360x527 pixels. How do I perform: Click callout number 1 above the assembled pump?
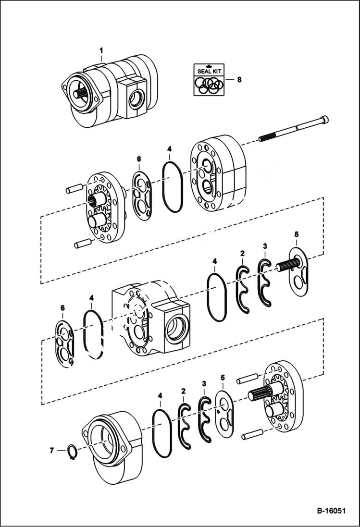coord(101,50)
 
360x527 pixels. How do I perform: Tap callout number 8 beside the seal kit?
coord(239,80)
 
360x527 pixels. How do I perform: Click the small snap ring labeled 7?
coord(72,452)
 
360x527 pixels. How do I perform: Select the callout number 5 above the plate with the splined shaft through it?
coord(297,234)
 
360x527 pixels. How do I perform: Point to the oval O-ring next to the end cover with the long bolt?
coord(172,185)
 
